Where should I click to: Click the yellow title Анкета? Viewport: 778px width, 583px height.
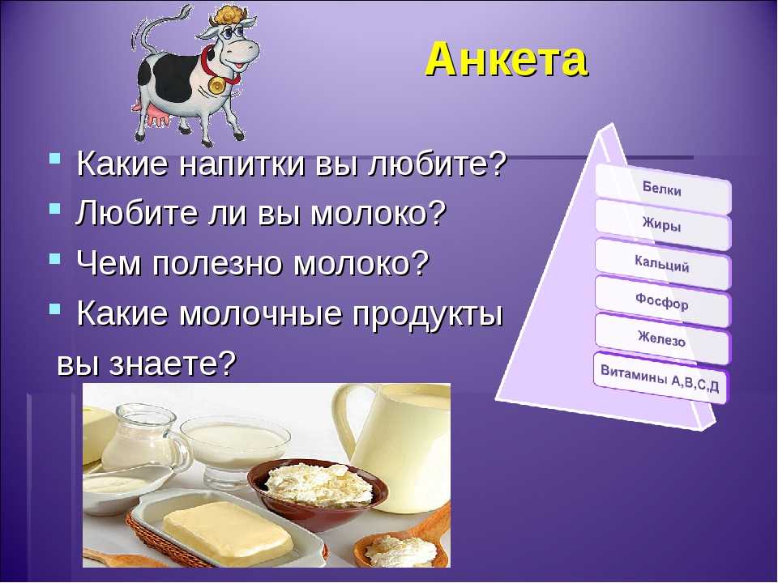[507, 60]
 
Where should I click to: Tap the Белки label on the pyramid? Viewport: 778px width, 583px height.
[662, 189]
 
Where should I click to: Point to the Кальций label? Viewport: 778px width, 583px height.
[662, 263]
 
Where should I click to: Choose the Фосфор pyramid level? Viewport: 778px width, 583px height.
[662, 301]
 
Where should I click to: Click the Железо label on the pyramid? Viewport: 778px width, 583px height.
[662, 338]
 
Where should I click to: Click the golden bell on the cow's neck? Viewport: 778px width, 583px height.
[217, 85]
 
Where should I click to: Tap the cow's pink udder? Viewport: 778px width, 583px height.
[157, 118]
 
